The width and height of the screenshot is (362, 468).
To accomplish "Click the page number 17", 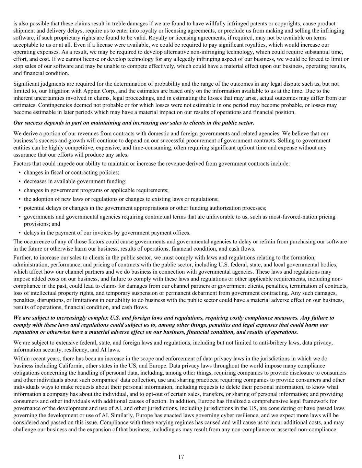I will (181, 457).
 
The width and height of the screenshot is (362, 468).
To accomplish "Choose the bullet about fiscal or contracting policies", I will (71, 172).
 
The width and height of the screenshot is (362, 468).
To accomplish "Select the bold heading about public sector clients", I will (134, 123).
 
